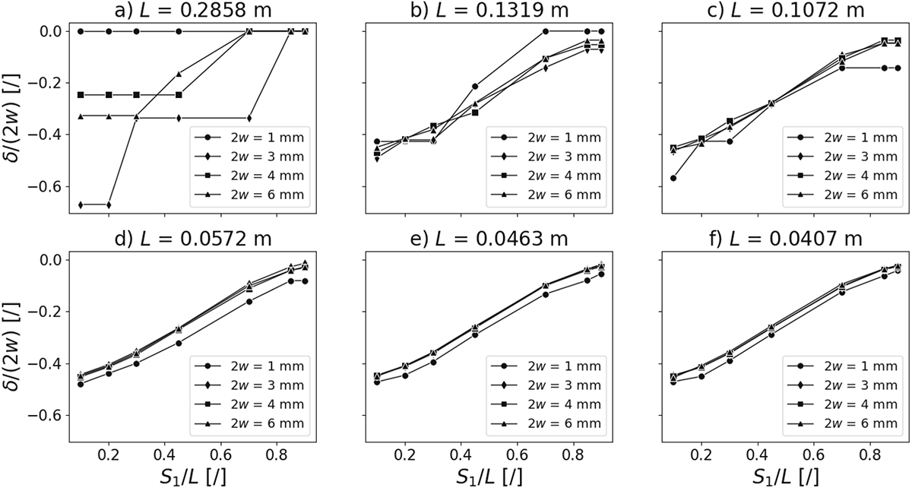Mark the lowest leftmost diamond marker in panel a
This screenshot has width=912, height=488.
81,204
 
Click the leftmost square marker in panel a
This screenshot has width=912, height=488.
81,95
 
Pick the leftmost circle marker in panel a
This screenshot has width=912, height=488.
81,31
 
